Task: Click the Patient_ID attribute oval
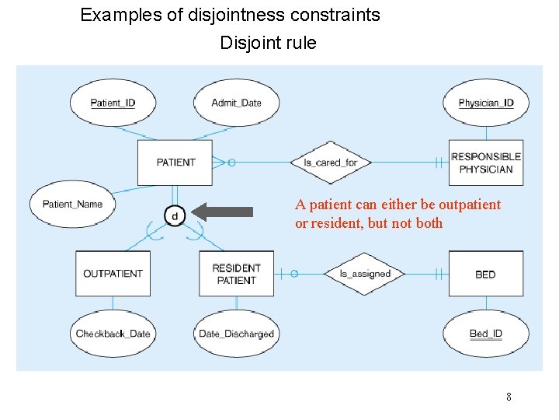(113, 103)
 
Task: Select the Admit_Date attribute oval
(236, 103)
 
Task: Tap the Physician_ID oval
(485, 103)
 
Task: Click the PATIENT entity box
(175, 163)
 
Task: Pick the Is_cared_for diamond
(330, 163)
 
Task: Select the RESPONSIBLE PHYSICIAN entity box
(486, 163)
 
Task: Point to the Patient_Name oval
(72, 204)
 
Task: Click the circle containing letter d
(174, 215)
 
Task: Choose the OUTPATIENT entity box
(113, 274)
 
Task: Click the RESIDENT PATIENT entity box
(236, 274)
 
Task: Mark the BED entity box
(485, 274)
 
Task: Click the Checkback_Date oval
(113, 334)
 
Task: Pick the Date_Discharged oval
(236, 334)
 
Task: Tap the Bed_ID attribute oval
(485, 334)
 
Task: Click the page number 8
(509, 397)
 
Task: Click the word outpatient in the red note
(469, 205)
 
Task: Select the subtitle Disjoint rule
(268, 43)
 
